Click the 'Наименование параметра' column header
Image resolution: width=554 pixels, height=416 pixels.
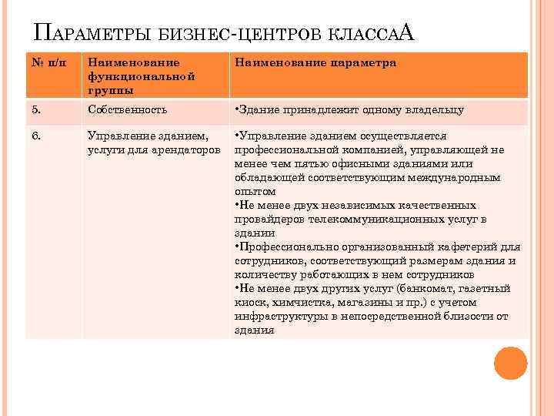click(315, 62)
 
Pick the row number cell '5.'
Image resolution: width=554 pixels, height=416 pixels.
click(37, 110)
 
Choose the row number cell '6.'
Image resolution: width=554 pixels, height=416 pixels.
click(37, 136)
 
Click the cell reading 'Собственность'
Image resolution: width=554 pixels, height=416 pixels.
click(127, 110)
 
